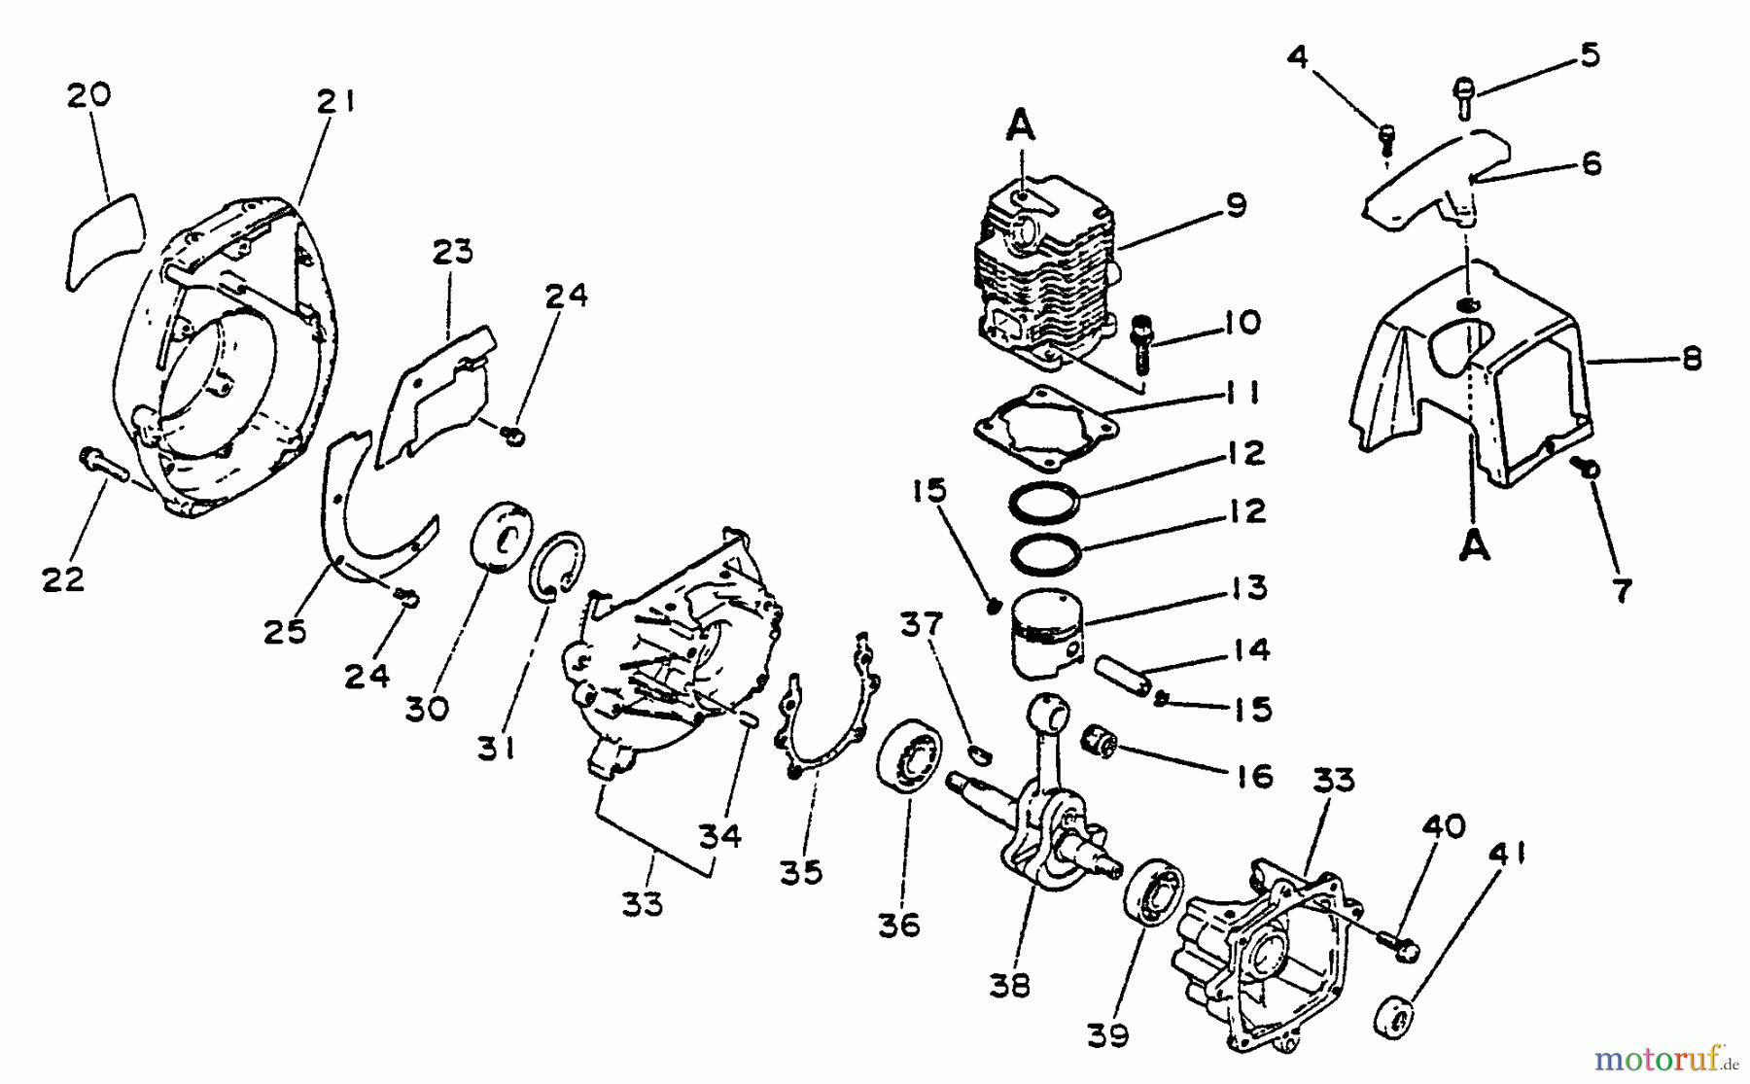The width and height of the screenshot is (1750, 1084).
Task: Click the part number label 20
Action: (x=88, y=95)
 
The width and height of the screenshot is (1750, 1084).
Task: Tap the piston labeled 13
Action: (x=1045, y=633)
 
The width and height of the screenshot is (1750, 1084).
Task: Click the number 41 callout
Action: (x=1505, y=855)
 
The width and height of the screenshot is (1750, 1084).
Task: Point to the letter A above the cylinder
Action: (x=1019, y=127)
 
